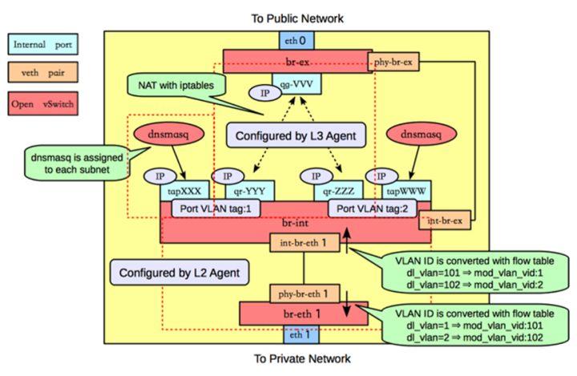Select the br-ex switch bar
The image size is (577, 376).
tap(296, 60)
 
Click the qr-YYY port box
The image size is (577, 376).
tap(253, 190)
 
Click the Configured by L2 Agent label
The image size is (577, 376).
tap(170, 273)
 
